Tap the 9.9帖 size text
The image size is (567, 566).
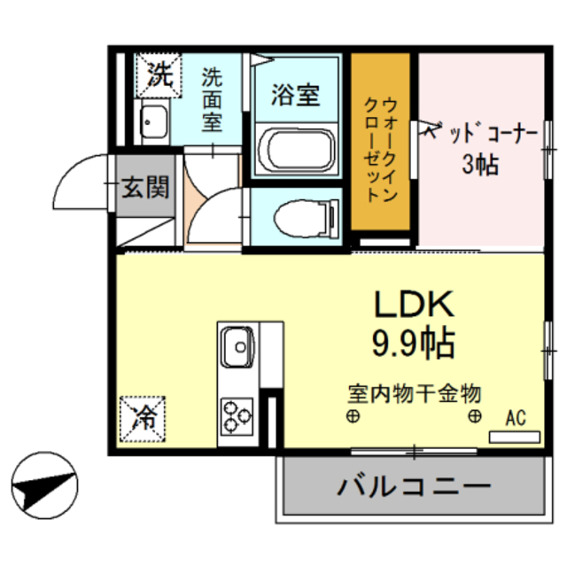[x=412, y=342]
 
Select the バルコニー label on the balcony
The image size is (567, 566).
[x=413, y=486]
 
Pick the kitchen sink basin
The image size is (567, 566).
[x=237, y=345]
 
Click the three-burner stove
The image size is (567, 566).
[x=237, y=415]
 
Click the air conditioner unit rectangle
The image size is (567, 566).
[x=515, y=436]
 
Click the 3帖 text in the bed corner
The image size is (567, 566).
[x=478, y=165]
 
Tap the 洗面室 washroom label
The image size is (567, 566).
[x=212, y=99]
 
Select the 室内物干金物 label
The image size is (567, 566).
[x=414, y=392]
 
